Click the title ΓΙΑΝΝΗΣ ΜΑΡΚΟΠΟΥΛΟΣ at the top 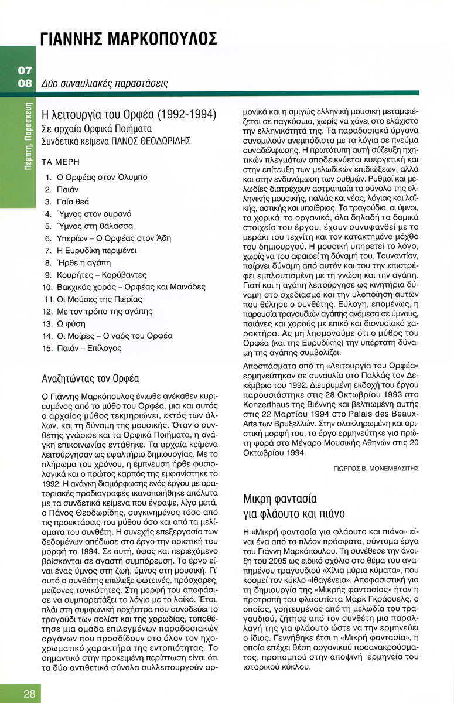point(129,39)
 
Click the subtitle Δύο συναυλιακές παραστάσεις point(105,84)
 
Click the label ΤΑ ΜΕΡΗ point(60,162)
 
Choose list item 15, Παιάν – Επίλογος point(89,348)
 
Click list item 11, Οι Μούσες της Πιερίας point(99,299)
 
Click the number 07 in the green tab point(25,71)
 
